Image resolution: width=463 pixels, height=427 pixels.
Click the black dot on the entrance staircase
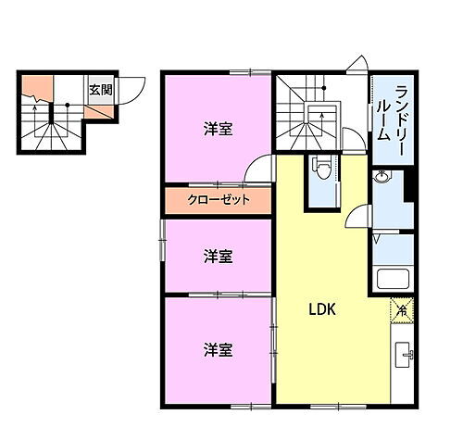click(x=68, y=104)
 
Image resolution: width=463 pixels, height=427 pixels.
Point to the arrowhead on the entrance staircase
click(x=35, y=107)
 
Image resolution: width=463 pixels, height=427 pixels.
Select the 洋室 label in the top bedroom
click(x=218, y=130)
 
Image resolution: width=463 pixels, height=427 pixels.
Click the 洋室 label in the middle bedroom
click(x=218, y=256)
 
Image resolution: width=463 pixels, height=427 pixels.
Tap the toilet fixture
click(x=320, y=170)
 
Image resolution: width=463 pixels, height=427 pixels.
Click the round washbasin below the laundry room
click(x=382, y=177)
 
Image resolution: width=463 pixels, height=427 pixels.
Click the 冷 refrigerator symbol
click(x=402, y=310)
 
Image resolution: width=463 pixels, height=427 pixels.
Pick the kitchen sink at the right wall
click(x=404, y=356)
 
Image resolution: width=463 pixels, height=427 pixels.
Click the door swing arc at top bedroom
click(x=262, y=170)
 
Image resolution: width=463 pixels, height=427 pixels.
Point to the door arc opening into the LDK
click(x=355, y=223)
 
